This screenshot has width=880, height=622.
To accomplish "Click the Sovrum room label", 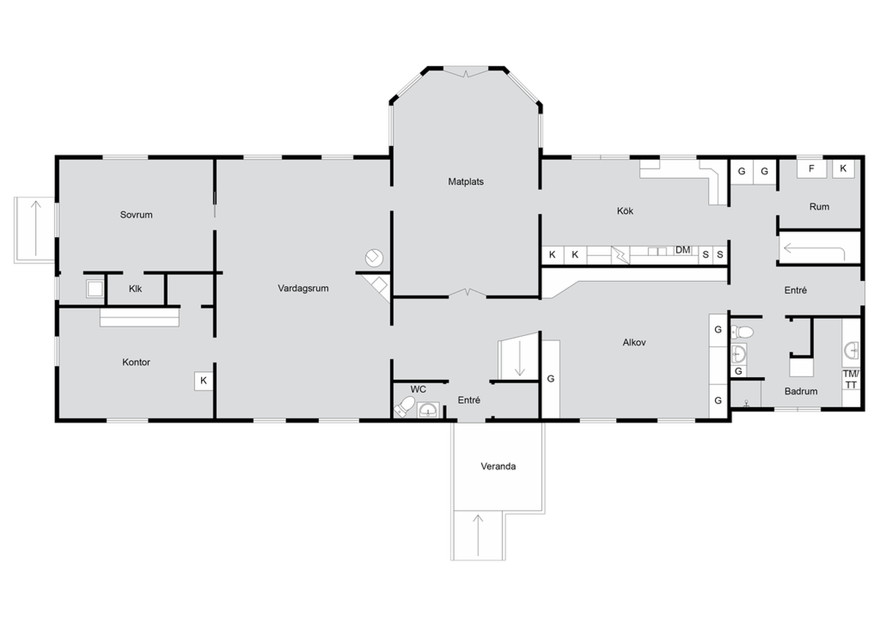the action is point(136,215).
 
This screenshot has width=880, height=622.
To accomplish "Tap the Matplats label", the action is point(466,181).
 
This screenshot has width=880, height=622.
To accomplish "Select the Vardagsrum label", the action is point(303,288).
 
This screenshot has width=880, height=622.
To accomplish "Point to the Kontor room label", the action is point(136,362).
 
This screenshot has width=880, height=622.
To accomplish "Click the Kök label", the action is point(625,211).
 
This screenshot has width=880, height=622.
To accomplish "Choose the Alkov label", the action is point(634,343).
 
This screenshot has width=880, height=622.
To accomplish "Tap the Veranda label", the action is point(498,466).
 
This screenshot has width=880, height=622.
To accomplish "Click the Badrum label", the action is point(801,392).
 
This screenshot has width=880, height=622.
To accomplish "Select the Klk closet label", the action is point(135,289).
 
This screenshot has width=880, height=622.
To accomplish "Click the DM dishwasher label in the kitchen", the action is point(683,250).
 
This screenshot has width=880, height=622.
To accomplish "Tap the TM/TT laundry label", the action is point(851,379).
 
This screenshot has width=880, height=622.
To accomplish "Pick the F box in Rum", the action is point(811,169).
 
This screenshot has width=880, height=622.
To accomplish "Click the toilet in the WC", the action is point(404,406).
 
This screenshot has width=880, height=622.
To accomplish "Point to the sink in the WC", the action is point(428,410).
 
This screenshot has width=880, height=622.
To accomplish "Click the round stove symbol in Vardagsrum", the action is point(374,257).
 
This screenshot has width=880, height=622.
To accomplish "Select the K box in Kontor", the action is point(204,381).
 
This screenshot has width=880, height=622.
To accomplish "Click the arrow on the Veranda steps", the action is point(477,535).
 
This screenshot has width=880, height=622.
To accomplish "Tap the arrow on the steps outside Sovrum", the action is point(36,228).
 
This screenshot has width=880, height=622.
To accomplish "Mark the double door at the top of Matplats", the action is point(466,73).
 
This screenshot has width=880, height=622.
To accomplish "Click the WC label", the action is point(418,389).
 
